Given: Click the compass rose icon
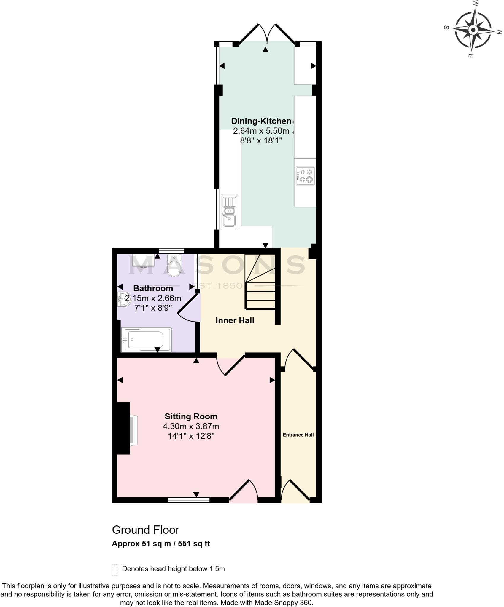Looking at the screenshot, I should (x=473, y=30).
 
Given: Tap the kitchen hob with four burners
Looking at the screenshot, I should (x=305, y=176).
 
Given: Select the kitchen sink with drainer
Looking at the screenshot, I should (x=230, y=212).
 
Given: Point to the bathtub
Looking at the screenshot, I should (x=146, y=340).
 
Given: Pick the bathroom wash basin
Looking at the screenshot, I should (x=123, y=300).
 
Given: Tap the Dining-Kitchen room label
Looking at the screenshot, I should (x=261, y=121).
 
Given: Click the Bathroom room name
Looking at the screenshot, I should (x=153, y=288).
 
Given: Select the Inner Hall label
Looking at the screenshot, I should (x=235, y=320).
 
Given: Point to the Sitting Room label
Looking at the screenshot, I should (x=191, y=416).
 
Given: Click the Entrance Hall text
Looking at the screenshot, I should (x=298, y=435).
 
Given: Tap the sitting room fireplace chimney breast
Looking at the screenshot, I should (x=124, y=428).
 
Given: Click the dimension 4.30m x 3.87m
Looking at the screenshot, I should (x=191, y=427).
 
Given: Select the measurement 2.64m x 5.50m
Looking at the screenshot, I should (x=261, y=131).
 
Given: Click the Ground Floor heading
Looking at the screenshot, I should (x=146, y=530).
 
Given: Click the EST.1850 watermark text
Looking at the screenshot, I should (x=218, y=286).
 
